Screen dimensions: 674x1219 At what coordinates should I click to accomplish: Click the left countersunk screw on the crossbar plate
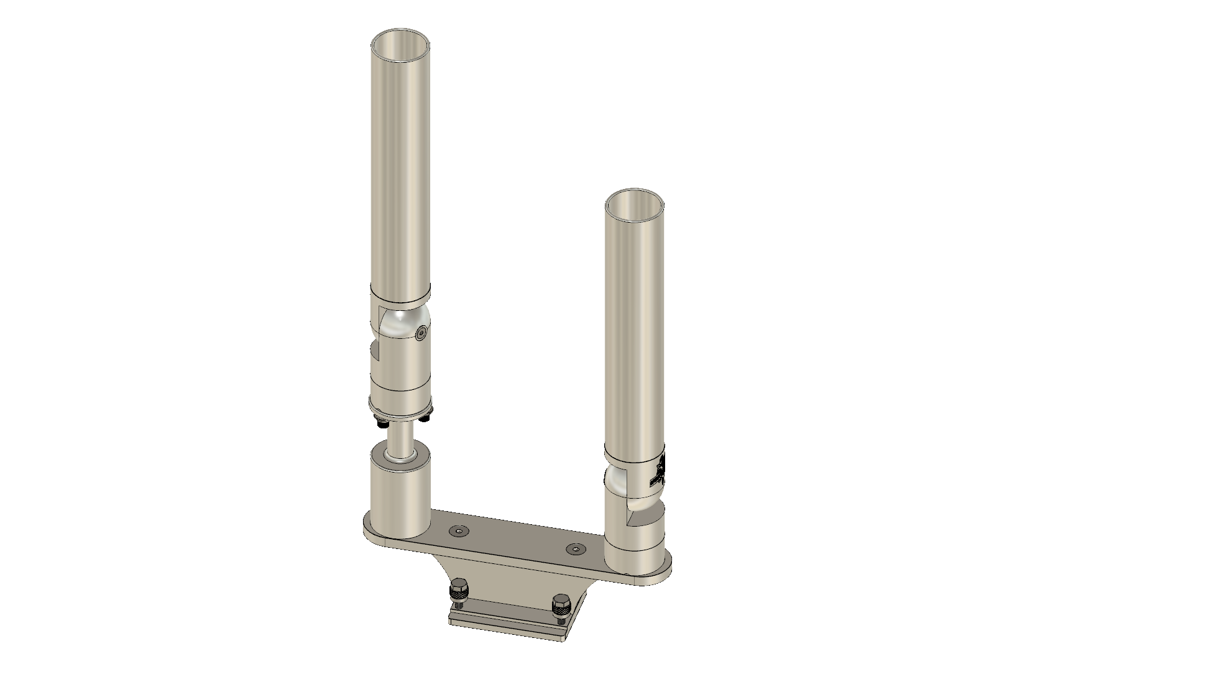459,530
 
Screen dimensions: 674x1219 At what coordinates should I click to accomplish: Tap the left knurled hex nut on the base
459,589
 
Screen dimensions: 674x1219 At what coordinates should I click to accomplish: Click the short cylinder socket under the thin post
400,497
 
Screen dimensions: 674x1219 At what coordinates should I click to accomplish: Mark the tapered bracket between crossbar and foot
516,578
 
